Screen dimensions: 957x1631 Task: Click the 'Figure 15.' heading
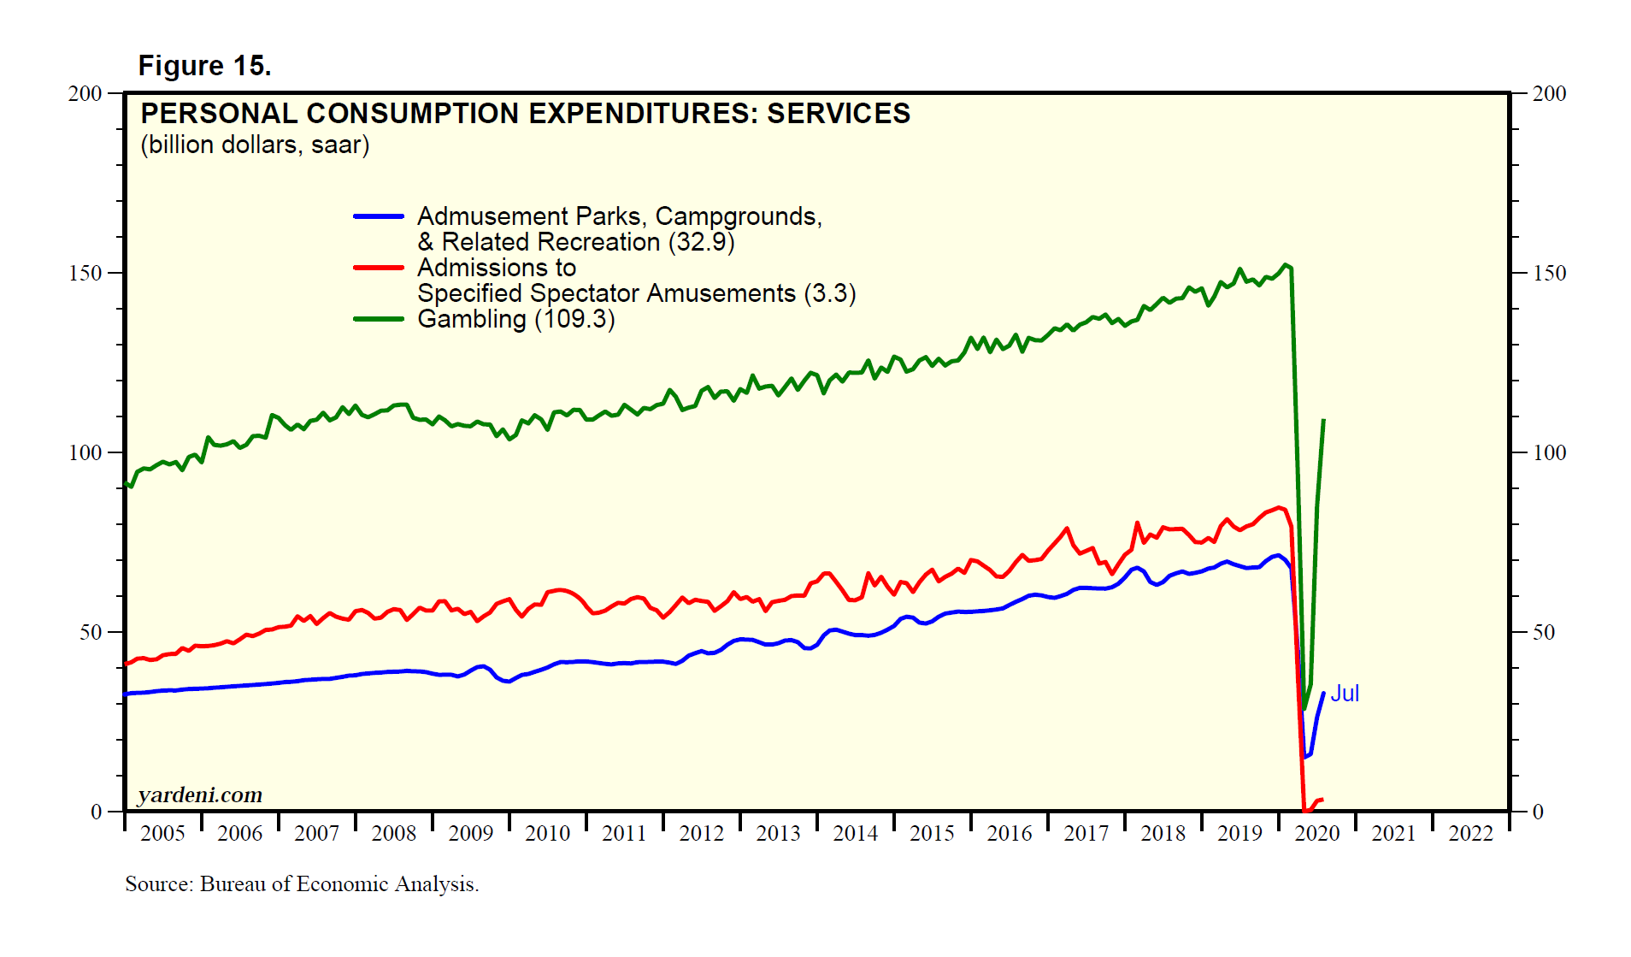click(204, 66)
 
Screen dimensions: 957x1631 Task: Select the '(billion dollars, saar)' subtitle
click(255, 145)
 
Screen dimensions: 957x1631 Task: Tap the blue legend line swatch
click(379, 217)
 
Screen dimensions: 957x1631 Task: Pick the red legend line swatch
click(379, 268)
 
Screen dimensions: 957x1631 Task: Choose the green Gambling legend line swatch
click(379, 319)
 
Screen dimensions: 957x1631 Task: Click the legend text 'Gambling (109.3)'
click(515, 319)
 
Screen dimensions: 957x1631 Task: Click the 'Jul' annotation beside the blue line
click(1345, 694)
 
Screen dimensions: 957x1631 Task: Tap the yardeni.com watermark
click(200, 795)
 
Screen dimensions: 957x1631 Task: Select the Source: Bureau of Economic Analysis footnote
click(302, 884)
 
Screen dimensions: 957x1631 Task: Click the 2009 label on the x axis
click(470, 834)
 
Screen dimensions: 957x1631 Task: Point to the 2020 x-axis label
click(1316, 834)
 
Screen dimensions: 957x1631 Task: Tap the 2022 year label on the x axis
click(1470, 834)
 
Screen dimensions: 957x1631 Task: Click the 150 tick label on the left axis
click(85, 274)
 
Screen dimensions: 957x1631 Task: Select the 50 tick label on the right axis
click(1543, 633)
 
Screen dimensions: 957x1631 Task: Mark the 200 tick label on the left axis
click(85, 94)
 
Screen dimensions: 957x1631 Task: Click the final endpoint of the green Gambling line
click(1323, 420)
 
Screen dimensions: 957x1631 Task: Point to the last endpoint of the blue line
click(1323, 694)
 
